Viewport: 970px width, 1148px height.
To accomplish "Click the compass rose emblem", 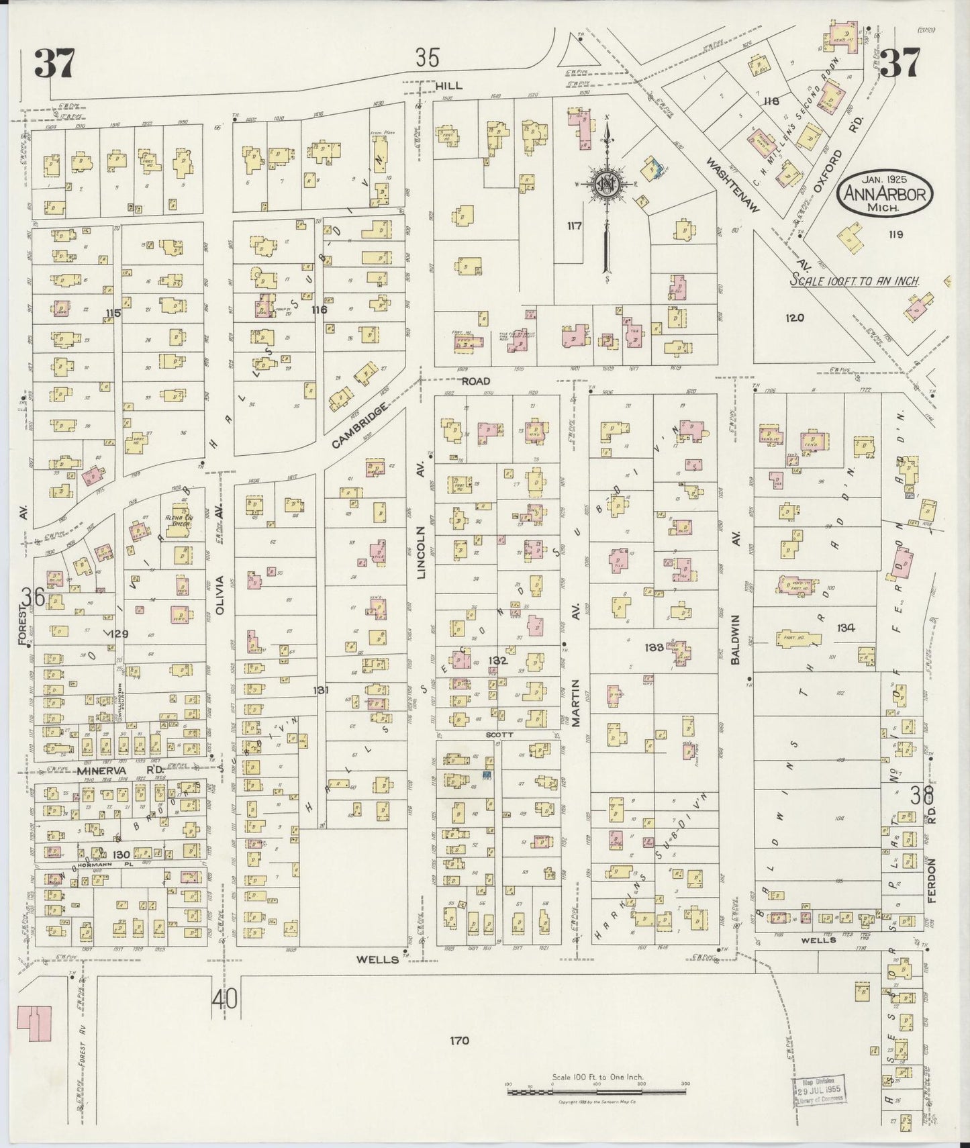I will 606,183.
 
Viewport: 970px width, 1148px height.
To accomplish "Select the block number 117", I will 574,226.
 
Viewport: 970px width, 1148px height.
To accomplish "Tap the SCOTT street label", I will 499,734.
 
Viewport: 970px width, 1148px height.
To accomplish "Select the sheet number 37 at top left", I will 54,64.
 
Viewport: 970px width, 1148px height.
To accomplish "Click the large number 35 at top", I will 427,58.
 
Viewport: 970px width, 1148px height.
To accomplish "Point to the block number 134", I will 846,628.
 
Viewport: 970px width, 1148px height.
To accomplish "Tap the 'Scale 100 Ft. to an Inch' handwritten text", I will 854,281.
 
